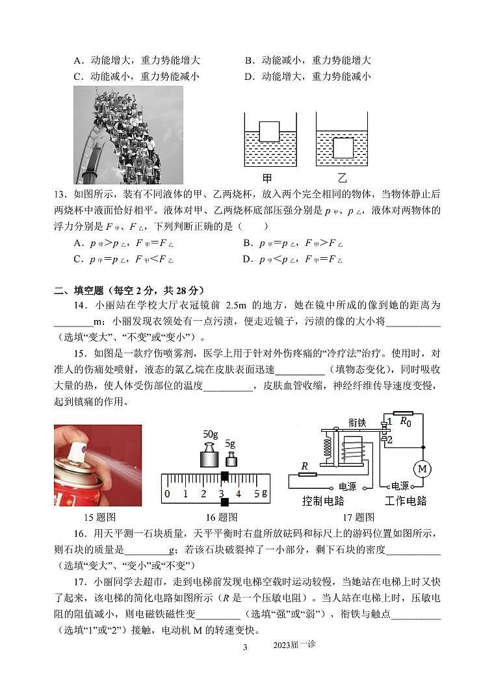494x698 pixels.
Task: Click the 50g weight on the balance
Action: click(x=210, y=455)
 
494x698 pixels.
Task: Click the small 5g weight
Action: click(x=231, y=460)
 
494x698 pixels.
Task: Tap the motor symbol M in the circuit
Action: click(x=422, y=468)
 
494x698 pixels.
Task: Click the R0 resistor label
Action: click(x=406, y=421)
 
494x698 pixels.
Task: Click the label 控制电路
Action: click(x=323, y=501)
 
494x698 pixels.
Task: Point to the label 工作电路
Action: click(x=406, y=501)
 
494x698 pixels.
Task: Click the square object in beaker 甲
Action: click(x=269, y=132)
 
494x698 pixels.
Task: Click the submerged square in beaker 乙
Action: click(x=343, y=147)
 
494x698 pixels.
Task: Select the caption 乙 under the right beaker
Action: click(x=343, y=179)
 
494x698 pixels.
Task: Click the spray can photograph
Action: click(x=97, y=465)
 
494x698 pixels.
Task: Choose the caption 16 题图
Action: click(x=221, y=517)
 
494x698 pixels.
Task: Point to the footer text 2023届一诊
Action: click(x=294, y=645)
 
